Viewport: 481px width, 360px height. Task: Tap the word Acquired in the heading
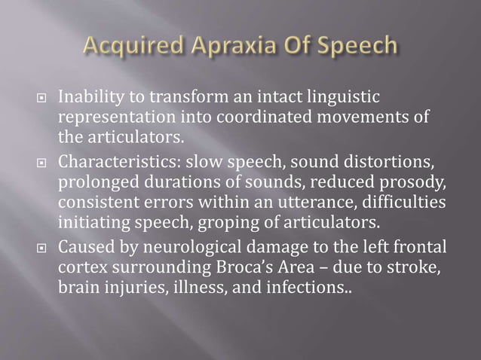tap(120, 47)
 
